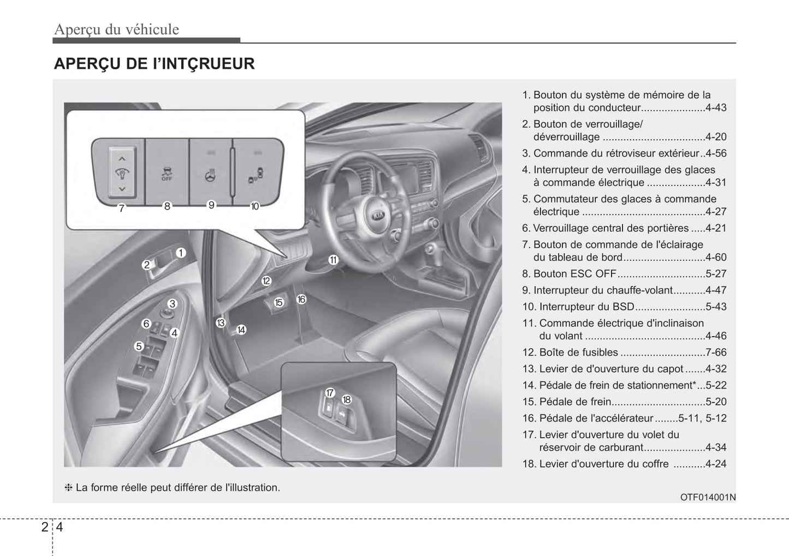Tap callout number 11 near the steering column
pyautogui.click(x=333, y=260)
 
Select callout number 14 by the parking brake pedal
pyautogui.click(x=241, y=330)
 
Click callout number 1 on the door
pyautogui.click(x=181, y=253)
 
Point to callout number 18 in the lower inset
pyautogui.click(x=346, y=399)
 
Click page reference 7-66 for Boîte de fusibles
pyautogui.click(x=716, y=352)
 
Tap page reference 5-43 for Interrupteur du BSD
pyautogui.click(x=716, y=307)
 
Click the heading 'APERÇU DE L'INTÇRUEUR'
pyautogui.click(x=154, y=64)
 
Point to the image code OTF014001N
pyautogui.click(x=708, y=497)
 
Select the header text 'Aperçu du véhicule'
pyautogui.click(x=116, y=29)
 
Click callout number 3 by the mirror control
pyautogui.click(x=173, y=304)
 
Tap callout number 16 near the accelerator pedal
pyautogui.click(x=301, y=299)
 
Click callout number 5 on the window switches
pyautogui.click(x=139, y=346)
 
